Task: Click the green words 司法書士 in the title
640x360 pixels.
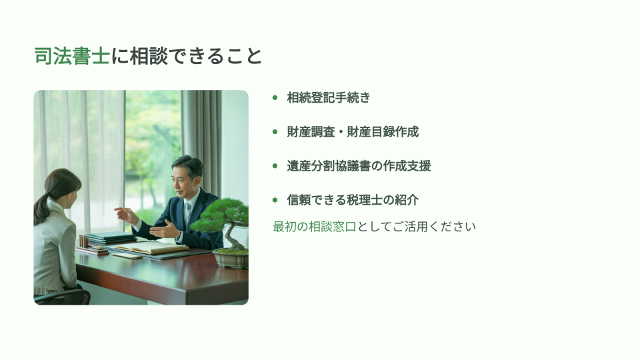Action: [72, 56]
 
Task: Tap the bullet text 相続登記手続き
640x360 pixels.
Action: [329, 97]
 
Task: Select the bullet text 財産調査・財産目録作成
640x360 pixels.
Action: [353, 132]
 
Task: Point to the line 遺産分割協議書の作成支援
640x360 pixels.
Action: [359, 166]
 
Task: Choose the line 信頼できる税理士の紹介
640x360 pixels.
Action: [353, 200]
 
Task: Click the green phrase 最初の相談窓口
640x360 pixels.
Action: [315, 227]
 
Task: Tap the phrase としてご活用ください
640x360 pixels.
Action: [416, 227]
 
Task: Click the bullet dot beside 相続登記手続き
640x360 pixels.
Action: [275, 97]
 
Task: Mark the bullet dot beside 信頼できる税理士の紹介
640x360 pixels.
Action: [275, 200]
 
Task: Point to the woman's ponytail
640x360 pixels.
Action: [41, 208]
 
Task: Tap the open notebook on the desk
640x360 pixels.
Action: [152, 247]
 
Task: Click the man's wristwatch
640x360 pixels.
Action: [179, 236]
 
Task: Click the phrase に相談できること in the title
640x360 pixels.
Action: [186, 56]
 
